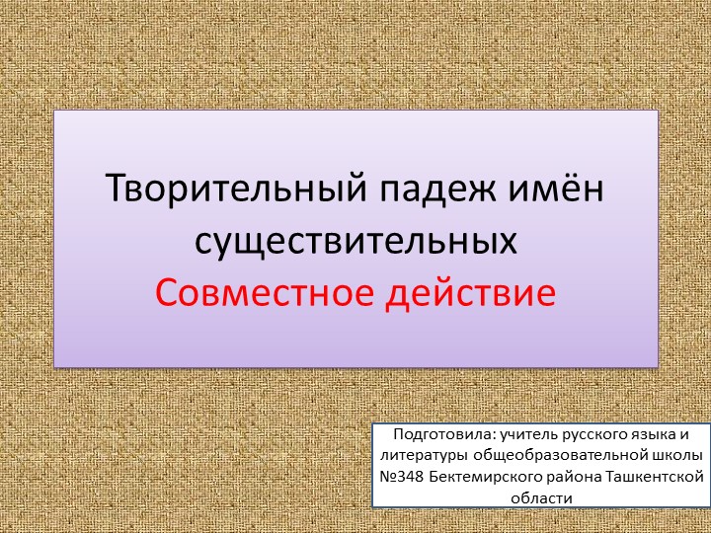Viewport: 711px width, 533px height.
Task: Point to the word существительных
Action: tap(355, 240)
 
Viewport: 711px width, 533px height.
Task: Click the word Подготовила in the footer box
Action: tap(444, 434)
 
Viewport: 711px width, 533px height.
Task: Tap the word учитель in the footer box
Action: tap(528, 434)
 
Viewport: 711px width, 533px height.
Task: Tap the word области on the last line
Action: tap(542, 497)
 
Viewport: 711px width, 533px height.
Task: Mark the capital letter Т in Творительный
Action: tap(116, 187)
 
